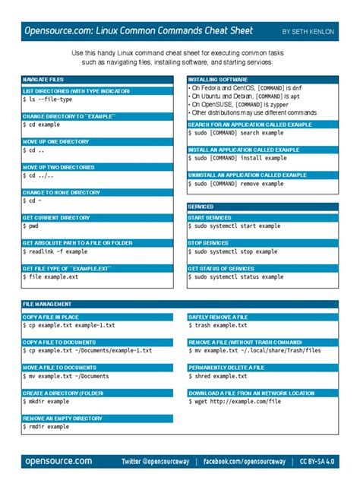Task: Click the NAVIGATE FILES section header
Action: [x=43, y=79]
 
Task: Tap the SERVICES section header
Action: [x=201, y=206]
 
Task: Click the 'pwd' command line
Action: [x=35, y=226]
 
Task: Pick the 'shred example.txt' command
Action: [x=220, y=376]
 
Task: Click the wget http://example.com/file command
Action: [x=233, y=402]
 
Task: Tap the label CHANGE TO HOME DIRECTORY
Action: [x=62, y=192]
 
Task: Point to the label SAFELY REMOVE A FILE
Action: [x=218, y=317]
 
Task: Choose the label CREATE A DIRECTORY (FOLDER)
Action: [x=63, y=393]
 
